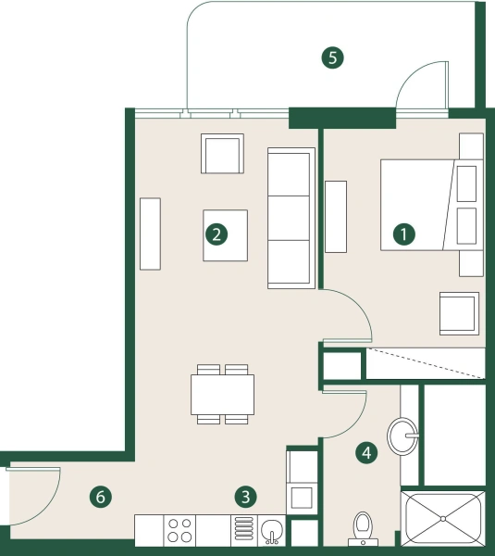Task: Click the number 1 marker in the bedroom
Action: click(x=403, y=234)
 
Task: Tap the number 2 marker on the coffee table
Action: click(x=217, y=234)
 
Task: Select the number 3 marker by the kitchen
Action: click(x=244, y=497)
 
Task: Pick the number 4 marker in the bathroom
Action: click(x=367, y=453)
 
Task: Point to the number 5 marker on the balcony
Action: click(x=332, y=57)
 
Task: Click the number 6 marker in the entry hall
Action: click(x=102, y=498)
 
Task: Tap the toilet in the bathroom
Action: click(x=363, y=526)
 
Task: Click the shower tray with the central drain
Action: click(x=443, y=519)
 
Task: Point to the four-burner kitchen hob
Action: click(x=179, y=530)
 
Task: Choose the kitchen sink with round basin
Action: click(x=270, y=531)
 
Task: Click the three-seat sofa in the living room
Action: click(x=290, y=218)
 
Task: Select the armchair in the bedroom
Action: click(x=459, y=313)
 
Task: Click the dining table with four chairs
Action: click(x=223, y=394)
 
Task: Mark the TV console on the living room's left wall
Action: click(x=150, y=234)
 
